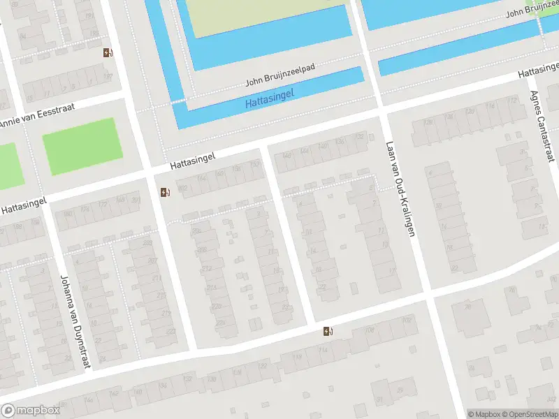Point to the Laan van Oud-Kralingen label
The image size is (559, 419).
(x=400, y=189)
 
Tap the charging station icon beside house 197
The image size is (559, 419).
(x=107, y=52)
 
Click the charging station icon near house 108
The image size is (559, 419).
(x=328, y=332)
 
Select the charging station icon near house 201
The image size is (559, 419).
(x=164, y=192)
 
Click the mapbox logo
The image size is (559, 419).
(x=29, y=411)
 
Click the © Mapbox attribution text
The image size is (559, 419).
(x=484, y=414)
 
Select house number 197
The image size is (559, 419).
(x=107, y=76)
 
